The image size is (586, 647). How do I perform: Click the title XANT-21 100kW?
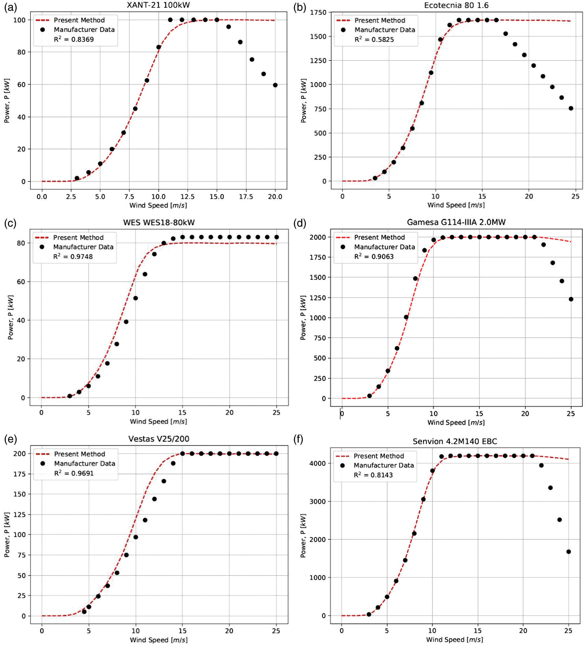(158, 5)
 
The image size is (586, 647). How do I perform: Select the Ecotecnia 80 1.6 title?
(456, 5)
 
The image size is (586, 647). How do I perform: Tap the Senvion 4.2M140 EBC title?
(455, 441)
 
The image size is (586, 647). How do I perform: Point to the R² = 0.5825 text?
(374, 40)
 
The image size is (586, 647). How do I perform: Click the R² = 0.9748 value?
(73, 257)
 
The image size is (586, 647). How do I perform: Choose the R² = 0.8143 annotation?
(373, 475)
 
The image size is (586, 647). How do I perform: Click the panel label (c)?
(10, 223)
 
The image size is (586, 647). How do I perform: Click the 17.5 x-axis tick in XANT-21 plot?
(246, 197)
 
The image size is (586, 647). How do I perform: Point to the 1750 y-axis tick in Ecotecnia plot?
(318, 13)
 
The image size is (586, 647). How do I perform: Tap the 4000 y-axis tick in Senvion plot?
(317, 463)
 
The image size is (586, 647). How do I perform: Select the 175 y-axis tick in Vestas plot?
(19, 474)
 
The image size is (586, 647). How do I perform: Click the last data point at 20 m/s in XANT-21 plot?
(275, 85)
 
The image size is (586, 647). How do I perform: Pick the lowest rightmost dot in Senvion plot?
(568, 552)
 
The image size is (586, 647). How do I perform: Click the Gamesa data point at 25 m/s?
(571, 299)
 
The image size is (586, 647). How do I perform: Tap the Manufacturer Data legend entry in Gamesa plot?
(384, 247)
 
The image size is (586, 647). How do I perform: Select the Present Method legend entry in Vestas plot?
(79, 454)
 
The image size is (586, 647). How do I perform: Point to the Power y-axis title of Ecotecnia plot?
(303, 101)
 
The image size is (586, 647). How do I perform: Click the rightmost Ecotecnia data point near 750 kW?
(571, 108)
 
